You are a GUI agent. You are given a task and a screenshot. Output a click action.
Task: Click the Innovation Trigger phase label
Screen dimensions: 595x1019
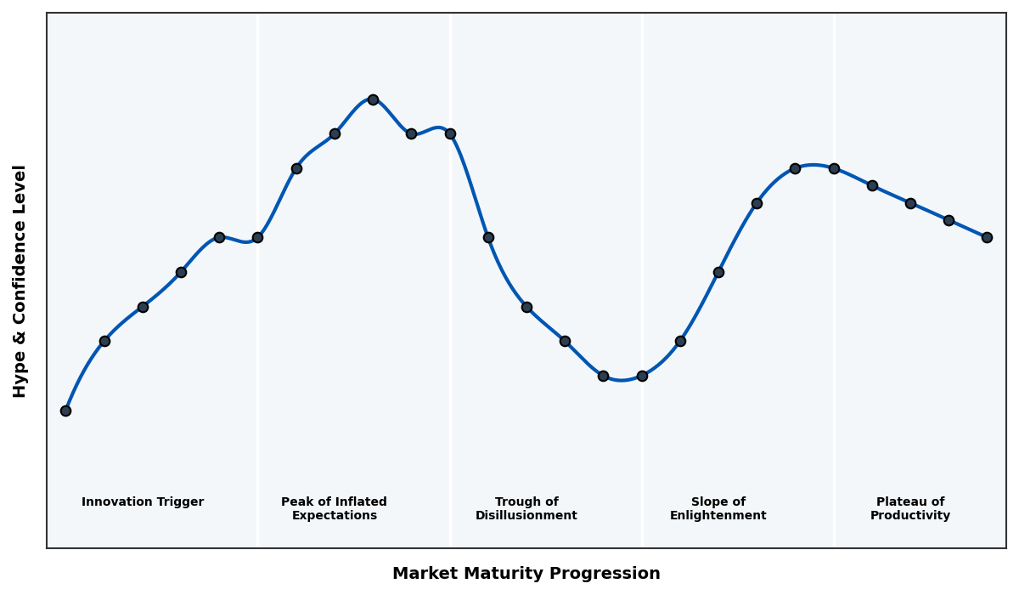(x=143, y=502)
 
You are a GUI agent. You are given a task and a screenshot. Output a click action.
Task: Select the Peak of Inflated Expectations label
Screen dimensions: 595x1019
(x=334, y=509)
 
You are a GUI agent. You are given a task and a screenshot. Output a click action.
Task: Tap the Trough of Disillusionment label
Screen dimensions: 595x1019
(x=526, y=509)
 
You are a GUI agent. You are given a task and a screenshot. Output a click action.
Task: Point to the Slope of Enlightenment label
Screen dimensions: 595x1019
(x=718, y=509)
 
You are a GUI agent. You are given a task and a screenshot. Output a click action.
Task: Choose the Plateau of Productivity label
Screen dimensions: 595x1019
(x=910, y=509)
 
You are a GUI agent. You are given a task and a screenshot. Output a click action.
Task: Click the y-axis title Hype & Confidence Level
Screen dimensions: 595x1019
(x=20, y=280)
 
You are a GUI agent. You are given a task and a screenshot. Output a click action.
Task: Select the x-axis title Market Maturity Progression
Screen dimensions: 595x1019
(x=526, y=574)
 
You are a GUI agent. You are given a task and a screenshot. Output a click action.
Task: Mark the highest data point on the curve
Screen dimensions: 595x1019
(x=373, y=99)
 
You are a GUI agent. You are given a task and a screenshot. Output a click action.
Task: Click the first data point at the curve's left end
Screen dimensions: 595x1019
(x=65, y=411)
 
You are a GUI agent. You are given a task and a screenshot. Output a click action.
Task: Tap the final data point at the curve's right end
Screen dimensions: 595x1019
(x=987, y=237)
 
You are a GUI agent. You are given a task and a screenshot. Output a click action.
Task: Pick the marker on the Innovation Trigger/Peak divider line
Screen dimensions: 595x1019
(x=257, y=237)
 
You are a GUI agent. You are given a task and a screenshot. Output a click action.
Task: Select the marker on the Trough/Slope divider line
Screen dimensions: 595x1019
(x=642, y=376)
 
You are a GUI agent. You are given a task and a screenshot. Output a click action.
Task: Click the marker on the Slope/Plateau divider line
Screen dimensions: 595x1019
(x=834, y=168)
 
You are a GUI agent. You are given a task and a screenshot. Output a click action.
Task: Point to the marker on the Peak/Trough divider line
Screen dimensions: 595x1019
(x=450, y=133)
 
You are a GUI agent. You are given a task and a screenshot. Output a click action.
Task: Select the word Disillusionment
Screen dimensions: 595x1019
(x=526, y=516)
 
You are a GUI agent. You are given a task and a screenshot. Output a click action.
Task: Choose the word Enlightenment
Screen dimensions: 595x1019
(x=718, y=516)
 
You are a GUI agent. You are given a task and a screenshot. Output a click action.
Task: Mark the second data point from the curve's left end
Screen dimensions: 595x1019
(x=104, y=341)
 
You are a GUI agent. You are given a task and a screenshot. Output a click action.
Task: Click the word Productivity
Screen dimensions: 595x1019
(x=910, y=516)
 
